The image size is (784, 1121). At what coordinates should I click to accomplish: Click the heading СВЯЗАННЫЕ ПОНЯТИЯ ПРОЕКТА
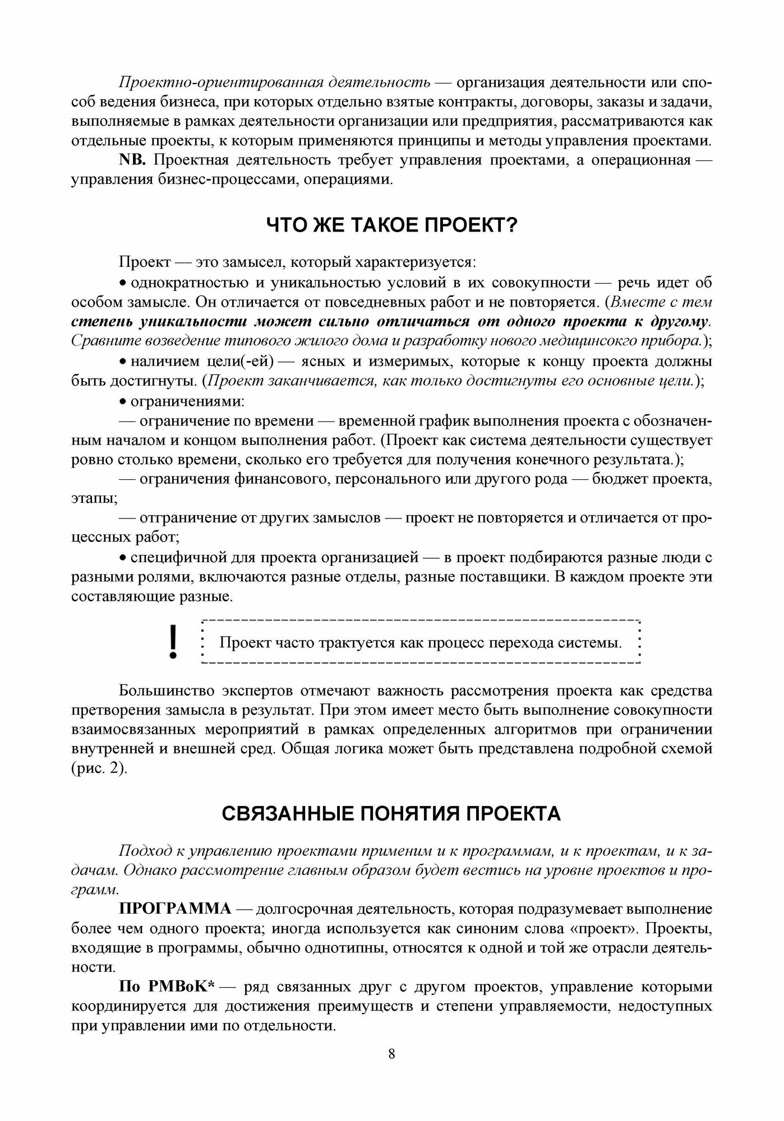(x=391, y=813)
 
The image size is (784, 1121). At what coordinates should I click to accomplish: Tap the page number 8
(x=391, y=1054)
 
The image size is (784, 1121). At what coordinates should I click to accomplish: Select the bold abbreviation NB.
(x=132, y=160)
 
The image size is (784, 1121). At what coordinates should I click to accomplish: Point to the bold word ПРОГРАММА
(x=175, y=909)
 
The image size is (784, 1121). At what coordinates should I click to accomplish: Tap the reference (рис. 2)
(x=99, y=768)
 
